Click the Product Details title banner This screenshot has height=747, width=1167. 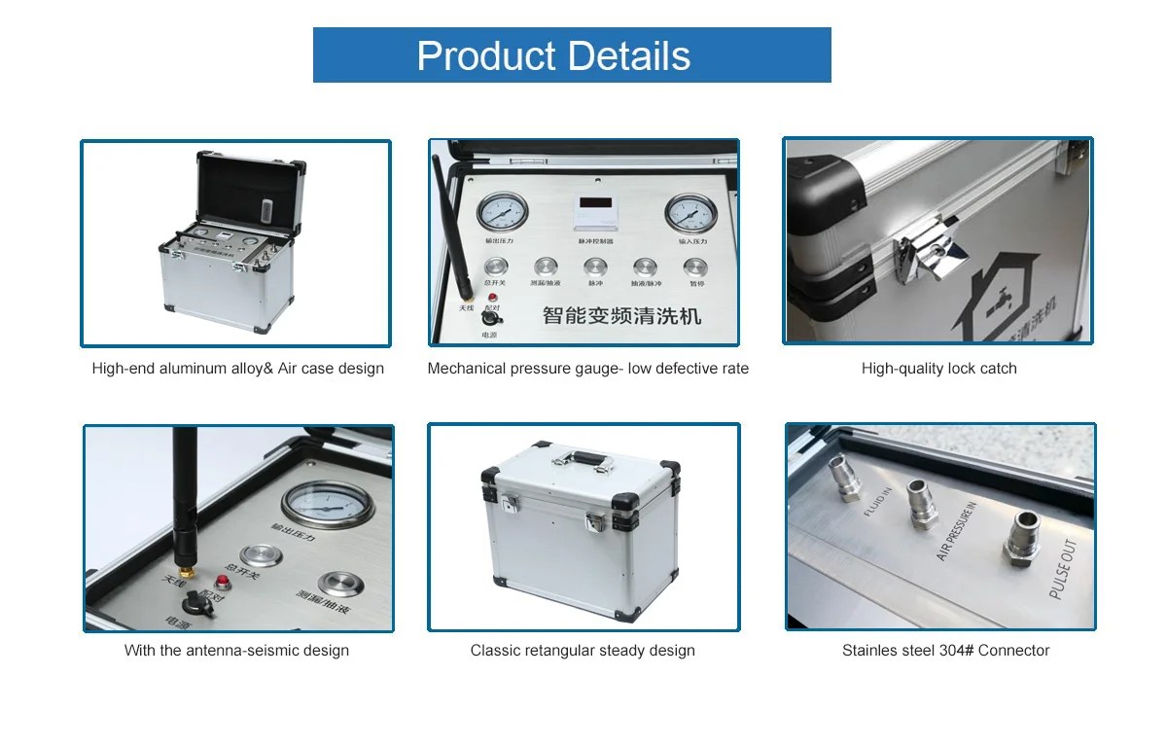pyautogui.click(x=572, y=54)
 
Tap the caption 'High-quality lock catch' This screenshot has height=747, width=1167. pyautogui.click(x=938, y=369)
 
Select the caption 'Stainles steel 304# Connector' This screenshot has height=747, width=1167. pyautogui.click(x=945, y=651)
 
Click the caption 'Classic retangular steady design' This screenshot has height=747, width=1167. pyautogui.click(x=583, y=651)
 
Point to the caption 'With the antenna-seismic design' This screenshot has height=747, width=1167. pyautogui.click(x=236, y=651)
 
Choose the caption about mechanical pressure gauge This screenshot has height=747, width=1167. pyautogui.click(x=588, y=369)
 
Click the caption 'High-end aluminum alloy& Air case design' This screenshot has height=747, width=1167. pyautogui.click(x=237, y=369)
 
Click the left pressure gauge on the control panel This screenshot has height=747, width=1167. pyautogui.click(x=503, y=213)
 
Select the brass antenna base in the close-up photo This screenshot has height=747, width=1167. pyautogui.click(x=182, y=564)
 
